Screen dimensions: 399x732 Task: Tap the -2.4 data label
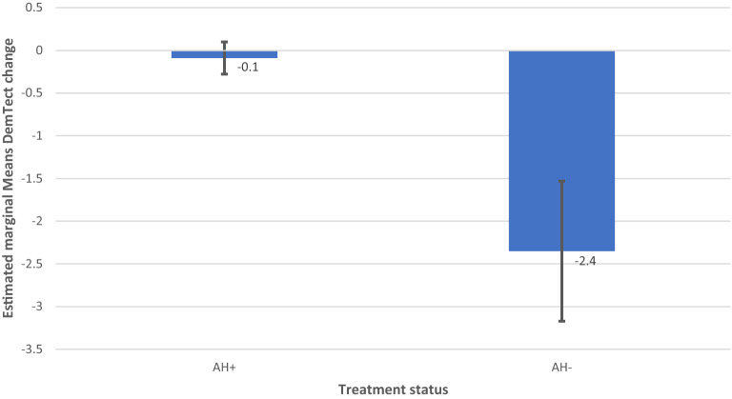pos(584,261)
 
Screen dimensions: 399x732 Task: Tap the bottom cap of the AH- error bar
pos(561,322)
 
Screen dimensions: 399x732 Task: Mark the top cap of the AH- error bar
pos(561,181)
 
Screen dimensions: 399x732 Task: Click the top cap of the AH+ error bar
pos(224,42)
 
